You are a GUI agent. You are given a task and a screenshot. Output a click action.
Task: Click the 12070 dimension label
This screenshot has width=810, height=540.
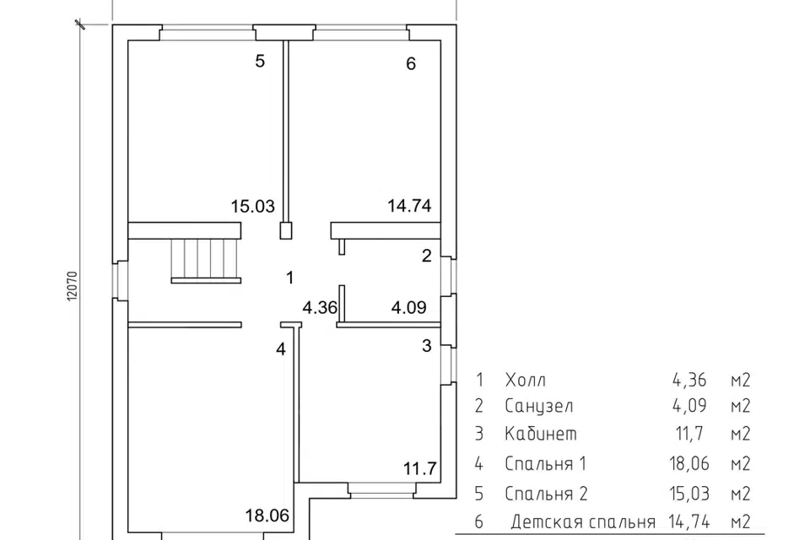pos(72,286)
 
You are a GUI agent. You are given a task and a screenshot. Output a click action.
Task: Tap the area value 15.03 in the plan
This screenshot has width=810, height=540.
pos(252,206)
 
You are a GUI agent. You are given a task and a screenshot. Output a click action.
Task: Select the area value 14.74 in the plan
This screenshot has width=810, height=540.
pos(410,206)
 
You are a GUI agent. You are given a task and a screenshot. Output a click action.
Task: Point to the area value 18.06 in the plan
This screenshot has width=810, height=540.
pos(267,516)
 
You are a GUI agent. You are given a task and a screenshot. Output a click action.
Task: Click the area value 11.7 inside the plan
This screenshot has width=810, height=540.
pos(420,468)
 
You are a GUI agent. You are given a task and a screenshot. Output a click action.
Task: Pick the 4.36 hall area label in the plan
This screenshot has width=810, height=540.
pos(320,308)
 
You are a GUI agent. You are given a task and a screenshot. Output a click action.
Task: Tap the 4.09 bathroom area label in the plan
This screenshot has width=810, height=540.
pos(408,307)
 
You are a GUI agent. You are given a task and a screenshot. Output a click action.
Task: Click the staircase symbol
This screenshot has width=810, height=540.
pos(206,261)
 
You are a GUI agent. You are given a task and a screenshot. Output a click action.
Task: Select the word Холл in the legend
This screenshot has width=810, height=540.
pos(526,381)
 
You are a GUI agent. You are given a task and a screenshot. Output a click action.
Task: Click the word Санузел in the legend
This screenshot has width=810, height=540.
pos(539,406)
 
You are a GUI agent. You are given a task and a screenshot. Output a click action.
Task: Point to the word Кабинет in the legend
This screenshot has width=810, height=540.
pos(541,434)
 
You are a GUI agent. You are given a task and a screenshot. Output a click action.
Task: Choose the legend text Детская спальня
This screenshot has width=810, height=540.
pos(583,522)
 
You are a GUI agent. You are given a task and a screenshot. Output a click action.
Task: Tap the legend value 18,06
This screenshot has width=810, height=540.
pos(689,463)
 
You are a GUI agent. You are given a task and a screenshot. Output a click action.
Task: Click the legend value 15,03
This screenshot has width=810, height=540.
pos(689,494)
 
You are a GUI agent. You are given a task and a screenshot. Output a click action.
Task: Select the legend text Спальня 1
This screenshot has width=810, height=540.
pos(546,463)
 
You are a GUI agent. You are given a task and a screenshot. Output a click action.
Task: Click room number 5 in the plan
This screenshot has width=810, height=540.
pos(260,61)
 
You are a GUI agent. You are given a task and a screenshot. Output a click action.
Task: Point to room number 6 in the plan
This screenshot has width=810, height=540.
pos(411,63)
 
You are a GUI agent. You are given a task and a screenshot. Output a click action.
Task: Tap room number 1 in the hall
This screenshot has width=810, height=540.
pos(290,278)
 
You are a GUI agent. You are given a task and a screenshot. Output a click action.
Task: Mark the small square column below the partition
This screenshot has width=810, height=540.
pos(286,230)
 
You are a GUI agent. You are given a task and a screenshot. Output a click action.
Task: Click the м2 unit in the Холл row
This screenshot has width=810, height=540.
pos(740,381)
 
